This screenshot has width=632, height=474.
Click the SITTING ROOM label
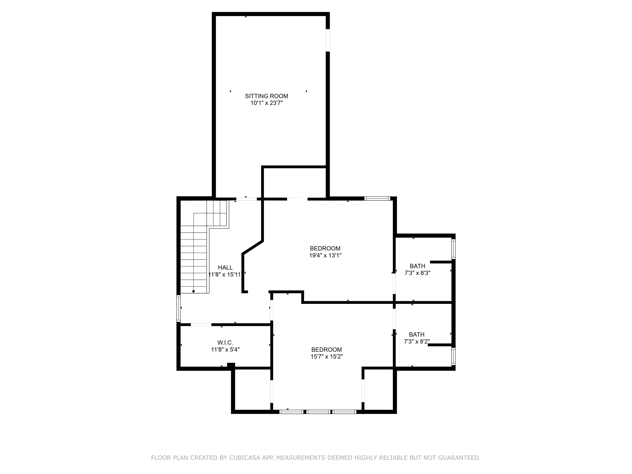coord(266,96)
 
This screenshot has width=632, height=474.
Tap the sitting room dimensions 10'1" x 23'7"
coord(267,103)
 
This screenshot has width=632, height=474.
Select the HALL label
coord(225,267)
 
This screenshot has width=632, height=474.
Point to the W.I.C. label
coord(225,342)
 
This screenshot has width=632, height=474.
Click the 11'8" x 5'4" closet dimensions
coord(225,349)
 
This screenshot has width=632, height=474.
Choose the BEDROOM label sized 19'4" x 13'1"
coord(325,248)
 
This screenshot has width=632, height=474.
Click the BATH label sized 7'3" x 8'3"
coord(417,266)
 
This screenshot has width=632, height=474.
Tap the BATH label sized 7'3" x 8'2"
coord(417,334)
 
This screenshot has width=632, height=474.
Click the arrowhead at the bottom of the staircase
coord(193,292)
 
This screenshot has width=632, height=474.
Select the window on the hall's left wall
coord(179,309)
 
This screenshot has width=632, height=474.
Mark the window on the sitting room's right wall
coord(328,40)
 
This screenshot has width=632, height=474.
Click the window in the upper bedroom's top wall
coord(377,198)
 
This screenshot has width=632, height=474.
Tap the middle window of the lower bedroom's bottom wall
coord(318,412)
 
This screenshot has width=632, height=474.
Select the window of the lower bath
coord(453,357)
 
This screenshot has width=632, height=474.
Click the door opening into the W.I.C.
coord(201,325)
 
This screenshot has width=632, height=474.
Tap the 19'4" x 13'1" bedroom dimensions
coord(325,256)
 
